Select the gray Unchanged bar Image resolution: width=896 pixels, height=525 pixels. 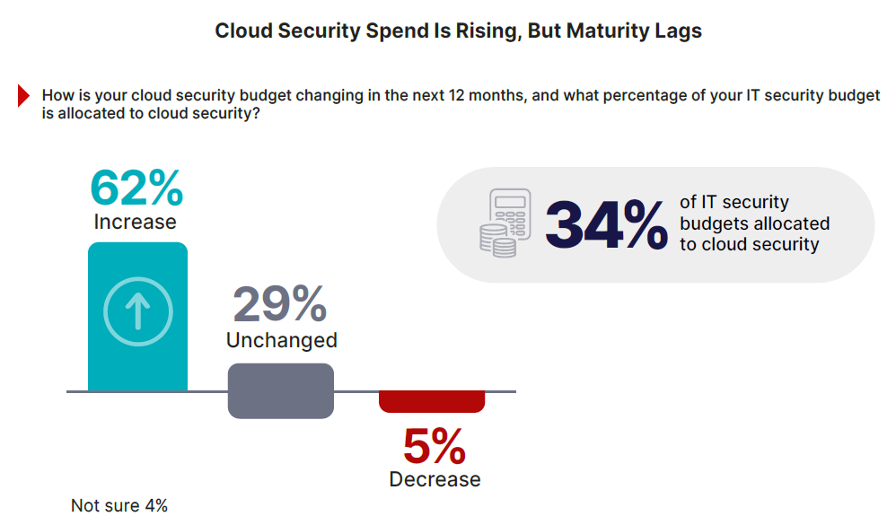pos(281,390)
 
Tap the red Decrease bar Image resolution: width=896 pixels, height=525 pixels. pos(432,401)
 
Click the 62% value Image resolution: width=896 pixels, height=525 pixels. pos(136,188)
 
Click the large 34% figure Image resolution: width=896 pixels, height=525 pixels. pos(606,225)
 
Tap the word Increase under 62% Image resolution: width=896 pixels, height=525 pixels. pos(135,222)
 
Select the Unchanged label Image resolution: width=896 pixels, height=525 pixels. pos(281,340)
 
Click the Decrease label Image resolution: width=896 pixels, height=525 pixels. pos(435,479)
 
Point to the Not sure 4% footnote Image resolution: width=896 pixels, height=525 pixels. pos(119,506)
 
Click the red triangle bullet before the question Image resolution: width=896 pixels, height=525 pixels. pos(24,96)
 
